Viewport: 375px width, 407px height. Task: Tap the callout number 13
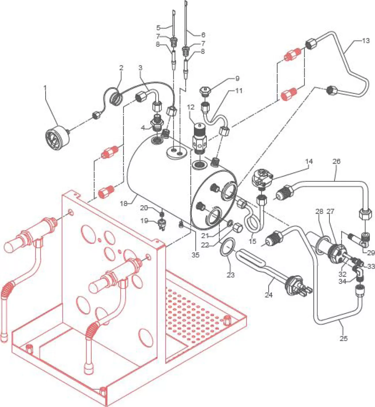365,41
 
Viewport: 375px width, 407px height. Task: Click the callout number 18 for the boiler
124,204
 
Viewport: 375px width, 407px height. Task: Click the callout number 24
268,295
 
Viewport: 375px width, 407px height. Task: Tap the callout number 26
336,161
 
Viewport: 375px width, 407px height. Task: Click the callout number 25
343,338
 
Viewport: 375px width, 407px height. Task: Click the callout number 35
195,255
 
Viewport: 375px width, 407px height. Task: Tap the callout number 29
371,253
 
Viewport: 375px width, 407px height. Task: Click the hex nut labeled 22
238,229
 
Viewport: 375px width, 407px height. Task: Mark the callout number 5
158,28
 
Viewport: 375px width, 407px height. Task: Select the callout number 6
203,35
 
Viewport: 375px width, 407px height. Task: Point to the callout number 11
239,91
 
